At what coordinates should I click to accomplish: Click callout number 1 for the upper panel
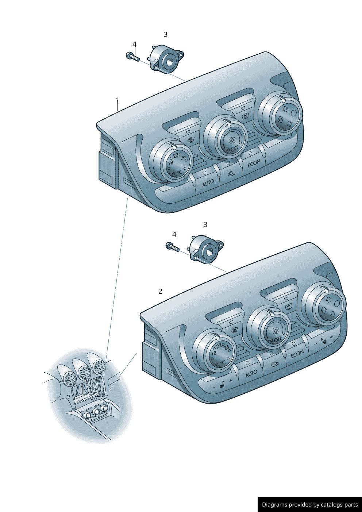pyautogui.click(x=118, y=100)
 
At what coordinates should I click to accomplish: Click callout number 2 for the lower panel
pyautogui.click(x=160, y=291)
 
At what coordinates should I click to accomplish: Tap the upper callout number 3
pyautogui.click(x=165, y=35)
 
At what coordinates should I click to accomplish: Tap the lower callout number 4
pyautogui.click(x=174, y=234)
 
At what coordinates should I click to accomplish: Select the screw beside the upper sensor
pyautogui.click(x=133, y=57)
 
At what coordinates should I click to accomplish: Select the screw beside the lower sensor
pyautogui.click(x=173, y=247)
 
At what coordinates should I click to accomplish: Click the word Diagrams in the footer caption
pyautogui.click(x=274, y=505)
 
